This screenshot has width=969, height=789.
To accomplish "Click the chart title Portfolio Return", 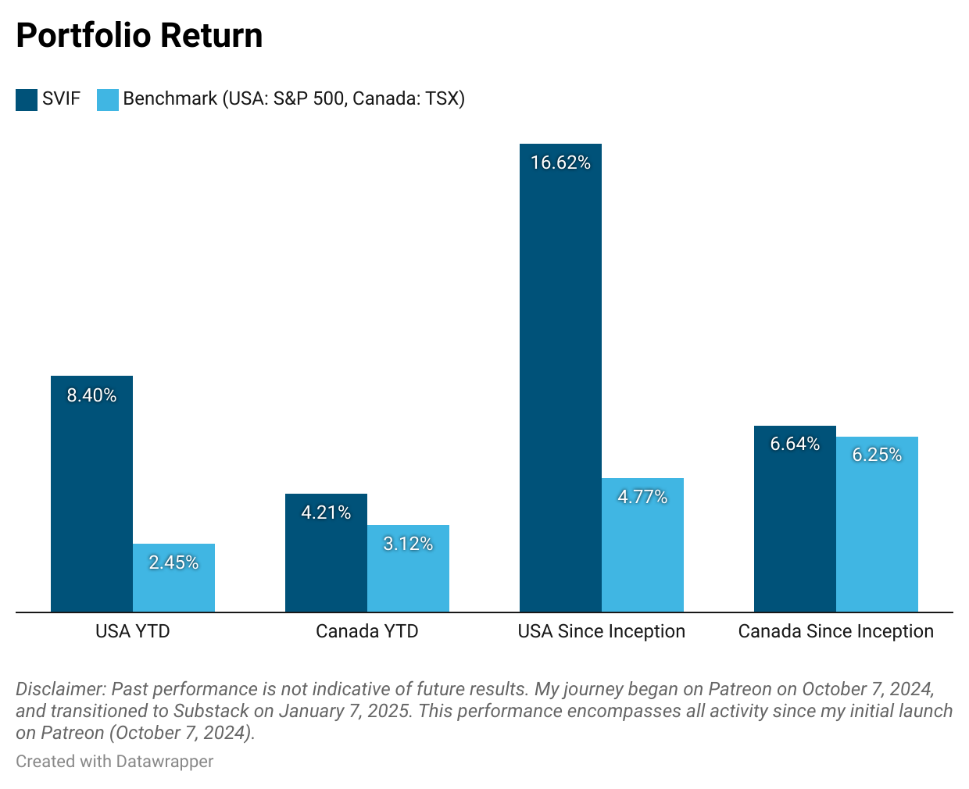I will (x=139, y=36).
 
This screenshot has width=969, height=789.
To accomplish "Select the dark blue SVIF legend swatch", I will (x=27, y=99).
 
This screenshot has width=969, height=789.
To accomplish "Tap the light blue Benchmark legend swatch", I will (x=108, y=99).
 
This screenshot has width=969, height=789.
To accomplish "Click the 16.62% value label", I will (x=560, y=162).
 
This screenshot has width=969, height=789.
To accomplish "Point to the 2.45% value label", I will (x=173, y=562).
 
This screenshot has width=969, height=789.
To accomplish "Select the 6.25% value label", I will (x=877, y=455).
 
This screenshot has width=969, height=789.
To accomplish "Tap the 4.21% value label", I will (x=326, y=512).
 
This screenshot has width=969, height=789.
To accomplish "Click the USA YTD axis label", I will (x=132, y=631).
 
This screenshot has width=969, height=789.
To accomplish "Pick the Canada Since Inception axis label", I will (x=835, y=631).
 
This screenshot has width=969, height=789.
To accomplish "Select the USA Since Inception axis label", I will (x=601, y=631).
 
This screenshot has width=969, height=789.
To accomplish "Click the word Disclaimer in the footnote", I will (x=60, y=689).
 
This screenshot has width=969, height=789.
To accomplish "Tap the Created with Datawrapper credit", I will (x=114, y=761).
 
